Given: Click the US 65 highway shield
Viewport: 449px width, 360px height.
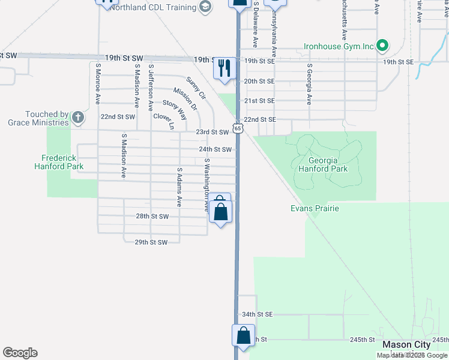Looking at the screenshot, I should coord(238,128).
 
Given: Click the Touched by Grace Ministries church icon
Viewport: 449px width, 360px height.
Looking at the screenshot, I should coord(77,118).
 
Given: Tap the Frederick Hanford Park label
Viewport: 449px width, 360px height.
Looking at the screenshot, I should coord(58,162).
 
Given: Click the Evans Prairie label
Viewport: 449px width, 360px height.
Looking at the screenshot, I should coord(315,208).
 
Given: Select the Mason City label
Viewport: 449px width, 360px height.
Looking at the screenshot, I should coord(406,344).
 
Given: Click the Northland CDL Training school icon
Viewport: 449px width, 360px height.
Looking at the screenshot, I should coord(205,7).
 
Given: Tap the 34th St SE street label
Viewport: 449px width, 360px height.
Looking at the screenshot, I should coord(257,314).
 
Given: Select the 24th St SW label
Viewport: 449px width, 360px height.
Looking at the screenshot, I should coord(215,149).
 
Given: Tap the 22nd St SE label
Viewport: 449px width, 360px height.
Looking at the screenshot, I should coord(260,119).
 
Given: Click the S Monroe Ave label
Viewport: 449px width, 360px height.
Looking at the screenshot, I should coord(96,84).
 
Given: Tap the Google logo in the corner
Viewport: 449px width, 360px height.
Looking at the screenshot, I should coord(20,353).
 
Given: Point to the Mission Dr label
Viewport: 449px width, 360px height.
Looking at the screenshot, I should coord(185,100).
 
